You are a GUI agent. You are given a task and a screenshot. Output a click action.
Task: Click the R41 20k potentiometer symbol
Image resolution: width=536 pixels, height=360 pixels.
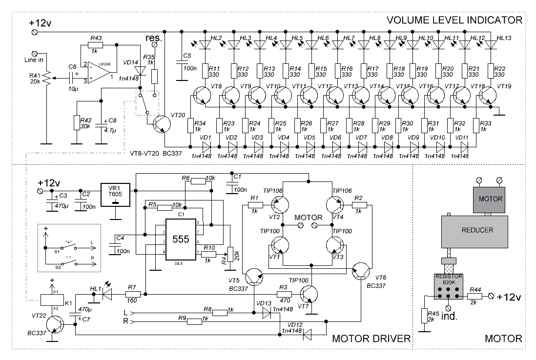pos(48,78)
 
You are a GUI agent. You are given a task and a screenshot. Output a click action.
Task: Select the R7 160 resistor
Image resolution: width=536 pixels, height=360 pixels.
pos(132,294)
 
